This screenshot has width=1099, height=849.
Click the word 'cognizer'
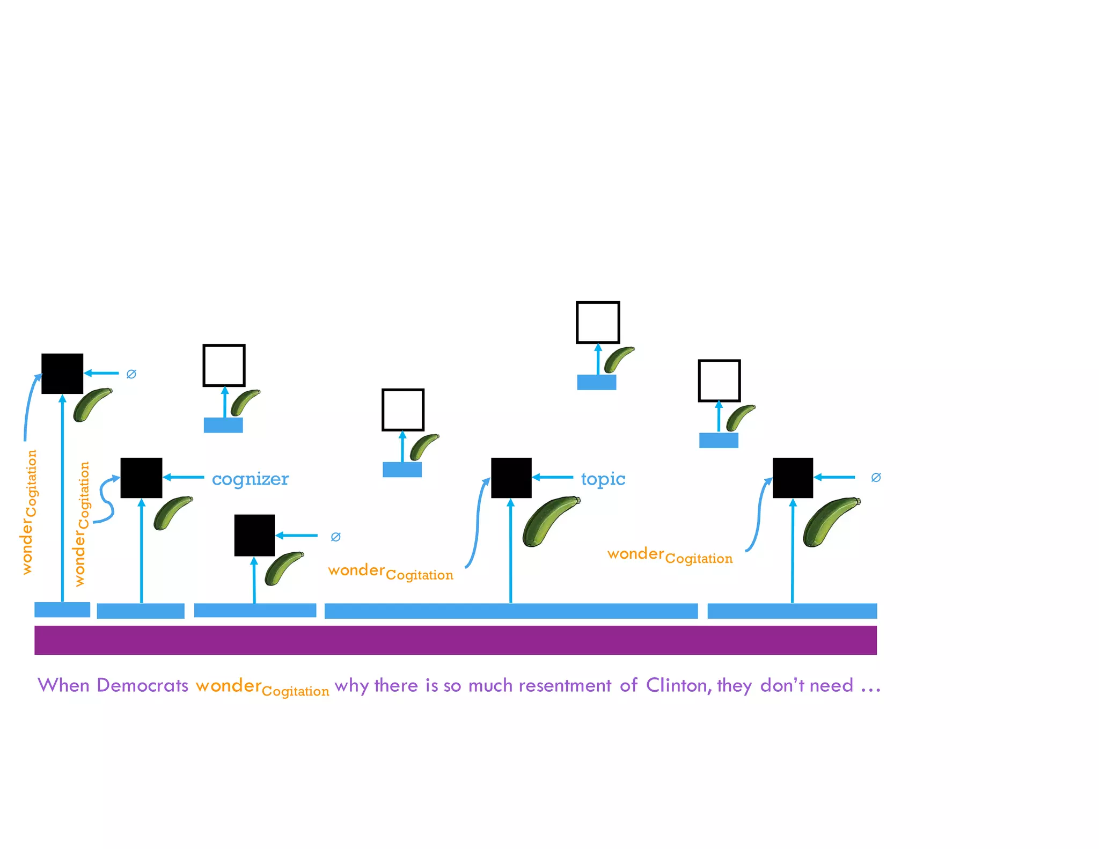click(250, 479)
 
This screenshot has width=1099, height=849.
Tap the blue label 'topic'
click(603, 479)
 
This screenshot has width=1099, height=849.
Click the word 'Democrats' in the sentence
click(142, 685)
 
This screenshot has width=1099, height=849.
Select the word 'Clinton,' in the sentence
click(679, 685)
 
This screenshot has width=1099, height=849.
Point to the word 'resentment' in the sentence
click(565, 685)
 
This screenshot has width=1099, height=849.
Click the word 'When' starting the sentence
click(63, 685)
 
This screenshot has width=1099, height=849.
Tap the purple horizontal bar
click(455, 640)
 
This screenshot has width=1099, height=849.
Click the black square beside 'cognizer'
click(141, 478)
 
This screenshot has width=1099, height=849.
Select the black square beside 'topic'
click(511, 478)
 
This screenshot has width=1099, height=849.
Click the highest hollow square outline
click(598, 322)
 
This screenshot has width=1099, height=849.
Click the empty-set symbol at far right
click(876, 477)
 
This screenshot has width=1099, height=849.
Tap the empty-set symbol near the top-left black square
click(131, 374)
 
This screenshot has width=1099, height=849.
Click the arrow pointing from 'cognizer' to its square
click(184, 477)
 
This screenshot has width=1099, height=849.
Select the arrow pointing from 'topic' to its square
click(553, 477)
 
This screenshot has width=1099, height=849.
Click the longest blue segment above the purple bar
click(511, 611)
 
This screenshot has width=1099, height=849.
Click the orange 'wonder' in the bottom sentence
click(229, 685)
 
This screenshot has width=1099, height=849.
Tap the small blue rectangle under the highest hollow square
click(596, 382)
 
